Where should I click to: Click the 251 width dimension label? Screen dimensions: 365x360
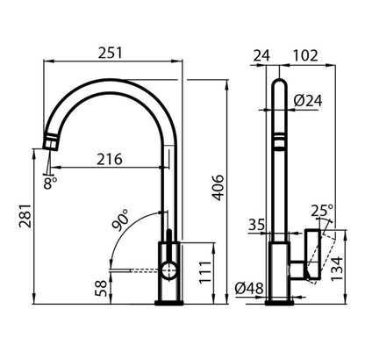(x=110, y=53)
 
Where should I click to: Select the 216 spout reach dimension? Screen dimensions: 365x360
(x=110, y=159)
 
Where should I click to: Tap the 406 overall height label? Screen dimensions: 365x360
(x=218, y=188)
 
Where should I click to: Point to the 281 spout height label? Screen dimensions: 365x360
(x=25, y=216)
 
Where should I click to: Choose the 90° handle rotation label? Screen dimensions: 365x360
(x=120, y=220)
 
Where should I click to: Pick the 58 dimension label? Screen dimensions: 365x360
(x=102, y=288)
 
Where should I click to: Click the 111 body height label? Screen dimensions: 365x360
(x=205, y=272)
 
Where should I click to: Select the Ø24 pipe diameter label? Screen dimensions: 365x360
(x=308, y=101)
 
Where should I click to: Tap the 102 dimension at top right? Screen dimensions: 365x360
(x=305, y=55)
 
